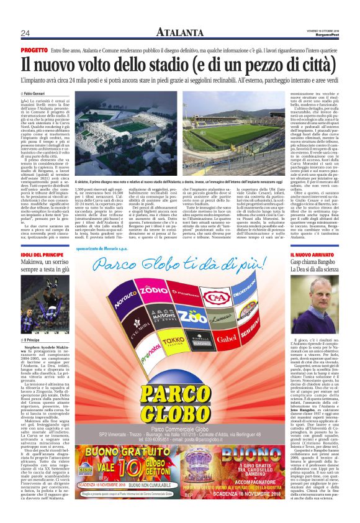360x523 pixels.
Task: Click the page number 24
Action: click(25, 33)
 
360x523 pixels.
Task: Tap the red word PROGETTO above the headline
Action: click(34, 49)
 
